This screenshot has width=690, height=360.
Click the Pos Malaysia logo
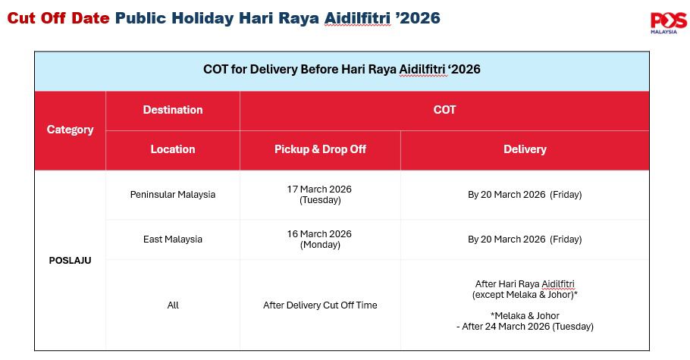pyautogui.click(x=668, y=23)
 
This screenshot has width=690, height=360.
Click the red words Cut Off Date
pyautogui.click(x=58, y=18)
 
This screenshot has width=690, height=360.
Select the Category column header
pyautogui.click(x=70, y=130)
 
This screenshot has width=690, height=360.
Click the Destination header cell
pyautogui.click(x=173, y=110)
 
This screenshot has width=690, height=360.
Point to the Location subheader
pyautogui.click(x=173, y=149)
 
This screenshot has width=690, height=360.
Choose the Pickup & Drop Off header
pyautogui.click(x=320, y=149)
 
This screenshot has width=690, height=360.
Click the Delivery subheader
pyautogui.click(x=525, y=149)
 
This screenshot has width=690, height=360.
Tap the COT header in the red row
pyautogui.click(x=444, y=110)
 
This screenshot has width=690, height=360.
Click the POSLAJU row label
pyautogui.click(x=70, y=261)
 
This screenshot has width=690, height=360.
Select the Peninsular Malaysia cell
pyautogui.click(x=173, y=195)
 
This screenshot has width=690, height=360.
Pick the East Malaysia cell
pyautogui.click(x=173, y=239)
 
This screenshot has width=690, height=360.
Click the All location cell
pyautogui.click(x=173, y=305)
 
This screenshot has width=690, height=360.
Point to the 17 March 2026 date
pyautogui.click(x=319, y=189)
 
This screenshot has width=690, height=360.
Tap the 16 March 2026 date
pyautogui.click(x=319, y=234)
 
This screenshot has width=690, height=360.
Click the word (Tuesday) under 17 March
pyautogui.click(x=320, y=200)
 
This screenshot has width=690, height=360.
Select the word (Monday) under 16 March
pyautogui.click(x=320, y=245)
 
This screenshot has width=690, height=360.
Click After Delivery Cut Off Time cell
pyautogui.click(x=320, y=305)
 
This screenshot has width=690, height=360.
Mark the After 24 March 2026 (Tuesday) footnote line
pyautogui.click(x=525, y=327)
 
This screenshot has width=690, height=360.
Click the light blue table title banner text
pyautogui.click(x=342, y=70)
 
